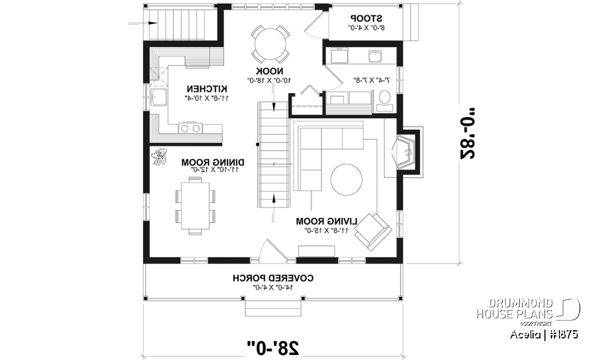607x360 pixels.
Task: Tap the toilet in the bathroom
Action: (x=383, y=97)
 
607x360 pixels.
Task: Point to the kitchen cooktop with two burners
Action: (x=191, y=128)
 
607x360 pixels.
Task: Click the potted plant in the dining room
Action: (x=160, y=156)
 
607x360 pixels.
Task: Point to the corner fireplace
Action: (x=405, y=152)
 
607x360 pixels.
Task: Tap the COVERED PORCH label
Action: (x=273, y=278)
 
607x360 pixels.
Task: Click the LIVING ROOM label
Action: (x=327, y=221)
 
